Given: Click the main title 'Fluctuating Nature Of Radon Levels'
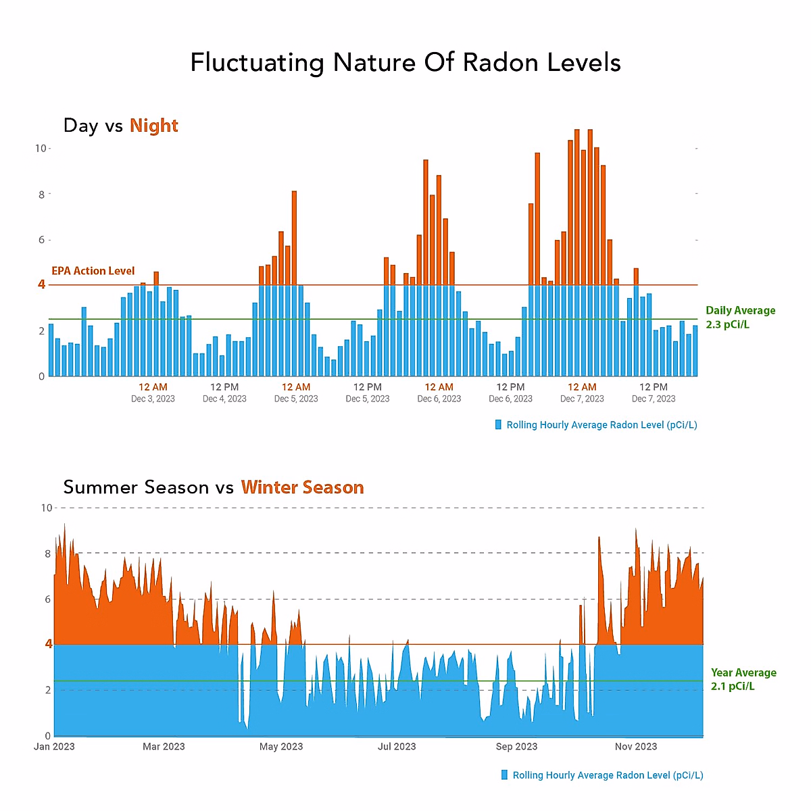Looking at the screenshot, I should tap(405, 63).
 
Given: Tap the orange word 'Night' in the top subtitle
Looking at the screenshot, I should tap(154, 126).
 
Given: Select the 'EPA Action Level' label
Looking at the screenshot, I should tap(93, 271).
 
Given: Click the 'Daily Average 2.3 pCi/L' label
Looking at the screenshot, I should tap(740, 318).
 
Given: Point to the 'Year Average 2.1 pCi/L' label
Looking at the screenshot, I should tap(743, 679).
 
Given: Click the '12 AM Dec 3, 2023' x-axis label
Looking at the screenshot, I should tap(153, 393).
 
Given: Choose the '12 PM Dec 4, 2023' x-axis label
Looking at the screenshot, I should tap(224, 393).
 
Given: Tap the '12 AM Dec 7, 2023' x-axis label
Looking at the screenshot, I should tap(582, 393).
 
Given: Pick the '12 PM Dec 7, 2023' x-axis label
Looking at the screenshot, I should tap(654, 393).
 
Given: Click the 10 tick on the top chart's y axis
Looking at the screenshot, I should tap(40, 149).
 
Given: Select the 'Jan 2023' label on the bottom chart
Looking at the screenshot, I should tap(54, 747).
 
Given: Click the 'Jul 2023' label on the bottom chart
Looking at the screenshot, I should tap(397, 747).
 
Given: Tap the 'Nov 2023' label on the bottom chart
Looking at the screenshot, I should tap(636, 747).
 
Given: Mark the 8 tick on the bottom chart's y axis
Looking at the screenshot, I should tap(48, 554).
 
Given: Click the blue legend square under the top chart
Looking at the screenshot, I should tap(499, 424).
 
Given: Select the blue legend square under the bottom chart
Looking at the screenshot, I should tap(504, 775).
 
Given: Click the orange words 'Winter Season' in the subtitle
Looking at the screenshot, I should tap(302, 487).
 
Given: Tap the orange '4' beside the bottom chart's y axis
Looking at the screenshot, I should tap(48, 644).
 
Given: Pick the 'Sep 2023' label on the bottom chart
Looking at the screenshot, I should tap(516, 747).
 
